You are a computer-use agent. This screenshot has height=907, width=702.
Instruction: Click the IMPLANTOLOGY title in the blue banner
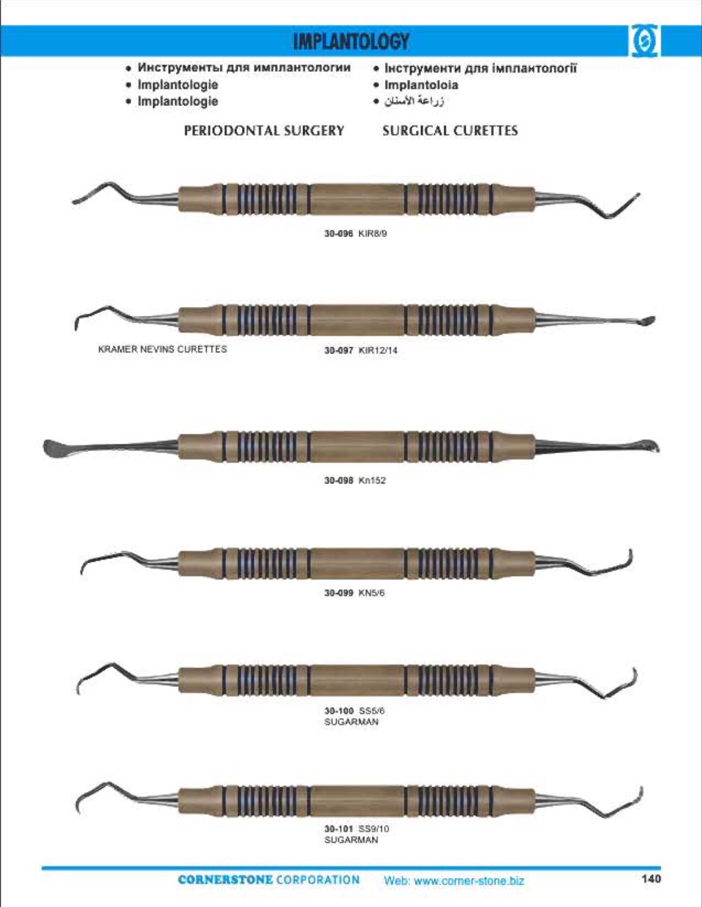coord(351,42)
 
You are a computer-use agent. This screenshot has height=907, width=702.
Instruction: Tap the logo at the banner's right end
coord(643,42)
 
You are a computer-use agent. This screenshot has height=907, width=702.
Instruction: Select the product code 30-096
coord(338,234)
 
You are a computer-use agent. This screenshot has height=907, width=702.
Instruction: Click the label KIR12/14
coord(378,350)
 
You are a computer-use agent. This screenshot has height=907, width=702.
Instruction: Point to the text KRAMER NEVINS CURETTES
coord(163,349)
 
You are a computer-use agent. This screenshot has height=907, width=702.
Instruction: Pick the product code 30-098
coord(338,480)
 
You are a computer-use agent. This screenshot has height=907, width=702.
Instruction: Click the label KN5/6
coord(372,592)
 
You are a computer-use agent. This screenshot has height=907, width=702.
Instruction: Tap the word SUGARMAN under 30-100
coord(351,722)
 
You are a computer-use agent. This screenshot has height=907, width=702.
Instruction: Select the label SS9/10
coord(374,829)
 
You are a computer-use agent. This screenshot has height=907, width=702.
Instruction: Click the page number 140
coord(652,879)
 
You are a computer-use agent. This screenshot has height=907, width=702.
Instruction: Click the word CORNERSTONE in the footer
coord(225,880)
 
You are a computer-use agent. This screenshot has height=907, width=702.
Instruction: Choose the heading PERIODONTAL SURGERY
coord(264,130)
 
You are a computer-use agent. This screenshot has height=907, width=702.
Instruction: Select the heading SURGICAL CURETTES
coord(450,130)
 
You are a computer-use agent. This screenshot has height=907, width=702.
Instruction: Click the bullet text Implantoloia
coord(422,85)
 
